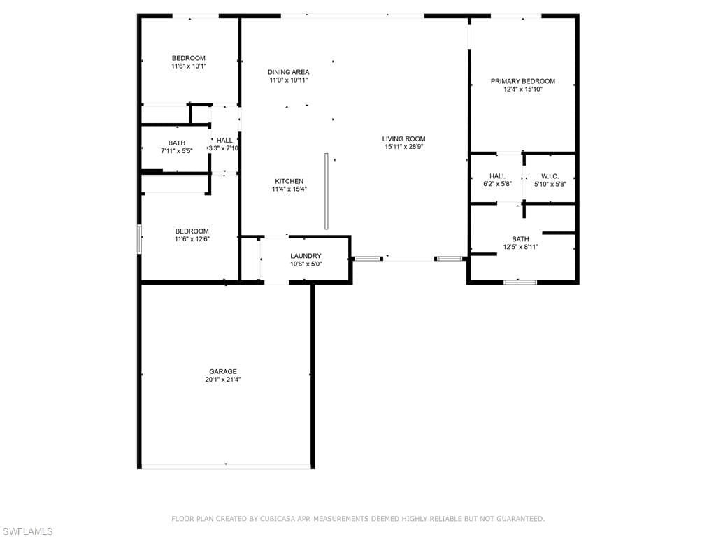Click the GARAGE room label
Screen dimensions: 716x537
pyautogui.click(x=223, y=372)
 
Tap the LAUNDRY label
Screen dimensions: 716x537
pyautogui.click(x=306, y=256)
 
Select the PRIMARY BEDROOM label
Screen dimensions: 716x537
pyautogui.click(x=523, y=81)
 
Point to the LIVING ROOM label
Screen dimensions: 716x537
pyautogui.click(x=403, y=139)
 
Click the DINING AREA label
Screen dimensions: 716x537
pyautogui.click(x=289, y=72)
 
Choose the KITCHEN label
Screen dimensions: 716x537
pyautogui.click(x=289, y=181)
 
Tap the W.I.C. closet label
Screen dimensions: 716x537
pyautogui.click(x=550, y=176)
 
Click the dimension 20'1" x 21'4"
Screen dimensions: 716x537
pyautogui.click(x=223, y=380)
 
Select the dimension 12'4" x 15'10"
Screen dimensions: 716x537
pyautogui.click(x=523, y=89)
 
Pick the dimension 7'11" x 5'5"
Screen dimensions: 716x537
pyautogui.click(x=177, y=151)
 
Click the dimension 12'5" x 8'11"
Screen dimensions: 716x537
pyautogui.click(x=520, y=247)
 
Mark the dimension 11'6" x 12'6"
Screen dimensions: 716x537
pyautogui.click(x=192, y=239)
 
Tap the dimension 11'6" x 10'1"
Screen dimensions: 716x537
pyautogui.click(x=189, y=66)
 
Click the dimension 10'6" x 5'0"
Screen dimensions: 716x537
pyautogui.click(x=306, y=264)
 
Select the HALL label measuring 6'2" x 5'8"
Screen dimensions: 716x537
pyautogui.click(x=497, y=176)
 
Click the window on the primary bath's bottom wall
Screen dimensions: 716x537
pyautogui.click(x=520, y=282)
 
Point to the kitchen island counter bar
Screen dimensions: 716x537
pyautogui.click(x=327, y=192)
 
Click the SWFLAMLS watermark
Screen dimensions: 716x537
pyautogui.click(x=27, y=531)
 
